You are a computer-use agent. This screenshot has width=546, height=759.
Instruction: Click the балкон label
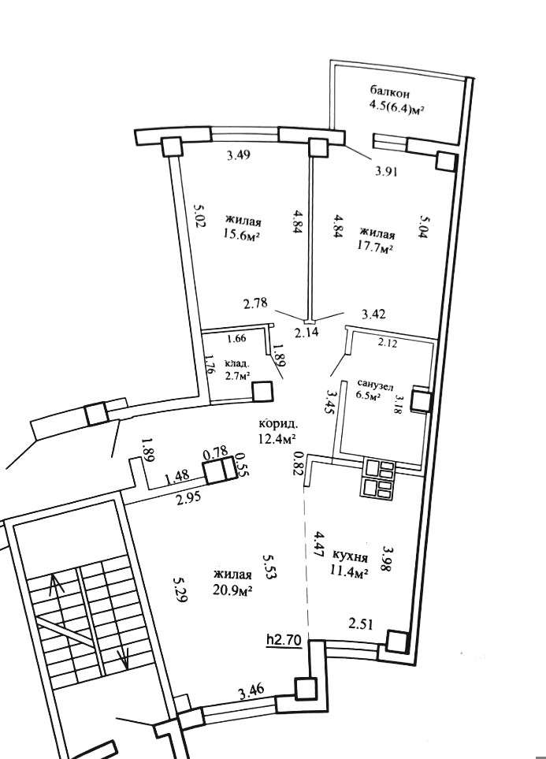click(x=390, y=92)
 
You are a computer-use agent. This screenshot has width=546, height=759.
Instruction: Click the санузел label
click(x=376, y=384)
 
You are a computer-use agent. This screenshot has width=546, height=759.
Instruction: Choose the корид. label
click(x=278, y=424)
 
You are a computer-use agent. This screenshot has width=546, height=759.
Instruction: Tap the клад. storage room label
click(x=237, y=363)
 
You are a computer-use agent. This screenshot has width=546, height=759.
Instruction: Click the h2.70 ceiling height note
click(x=284, y=640)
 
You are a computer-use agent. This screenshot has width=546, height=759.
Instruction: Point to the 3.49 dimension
click(x=239, y=156)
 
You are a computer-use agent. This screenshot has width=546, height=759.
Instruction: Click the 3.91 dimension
click(x=387, y=171)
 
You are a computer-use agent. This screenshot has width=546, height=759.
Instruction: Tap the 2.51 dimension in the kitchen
click(x=361, y=625)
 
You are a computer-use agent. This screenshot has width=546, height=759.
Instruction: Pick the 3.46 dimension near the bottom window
click(x=251, y=690)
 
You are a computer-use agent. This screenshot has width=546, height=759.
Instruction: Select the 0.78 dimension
click(x=216, y=454)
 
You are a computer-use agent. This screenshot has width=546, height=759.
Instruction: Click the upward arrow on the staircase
click(x=56, y=604)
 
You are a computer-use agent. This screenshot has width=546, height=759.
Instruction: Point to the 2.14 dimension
click(x=307, y=333)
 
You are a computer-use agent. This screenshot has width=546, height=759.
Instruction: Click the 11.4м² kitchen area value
click(x=350, y=574)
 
